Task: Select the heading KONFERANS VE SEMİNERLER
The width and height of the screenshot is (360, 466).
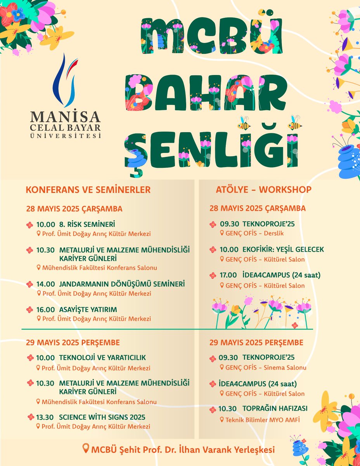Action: pos(88,190)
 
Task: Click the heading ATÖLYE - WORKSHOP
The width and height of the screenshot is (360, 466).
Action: pos(263,190)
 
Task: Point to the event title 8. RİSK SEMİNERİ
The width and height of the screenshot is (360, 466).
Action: pos(87,224)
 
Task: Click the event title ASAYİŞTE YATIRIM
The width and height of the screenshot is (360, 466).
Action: pos(88,310)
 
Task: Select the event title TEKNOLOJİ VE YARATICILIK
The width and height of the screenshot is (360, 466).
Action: pos(102,358)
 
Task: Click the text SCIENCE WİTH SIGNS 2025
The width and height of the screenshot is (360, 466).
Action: pos(102,417)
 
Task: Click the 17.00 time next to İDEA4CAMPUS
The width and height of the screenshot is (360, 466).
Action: pos(228,275)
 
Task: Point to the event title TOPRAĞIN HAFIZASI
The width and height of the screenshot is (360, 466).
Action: pos(275,409)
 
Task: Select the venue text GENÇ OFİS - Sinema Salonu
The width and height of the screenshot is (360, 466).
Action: pos(266,367)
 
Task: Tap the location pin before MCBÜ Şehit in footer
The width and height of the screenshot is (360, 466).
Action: pos(86,449)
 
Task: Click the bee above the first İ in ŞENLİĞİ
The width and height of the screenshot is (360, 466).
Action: pos(244,123)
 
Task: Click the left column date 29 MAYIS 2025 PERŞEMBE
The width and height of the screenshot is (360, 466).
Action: pos(73,343)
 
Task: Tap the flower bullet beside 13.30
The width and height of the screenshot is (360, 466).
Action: pos(31,417)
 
